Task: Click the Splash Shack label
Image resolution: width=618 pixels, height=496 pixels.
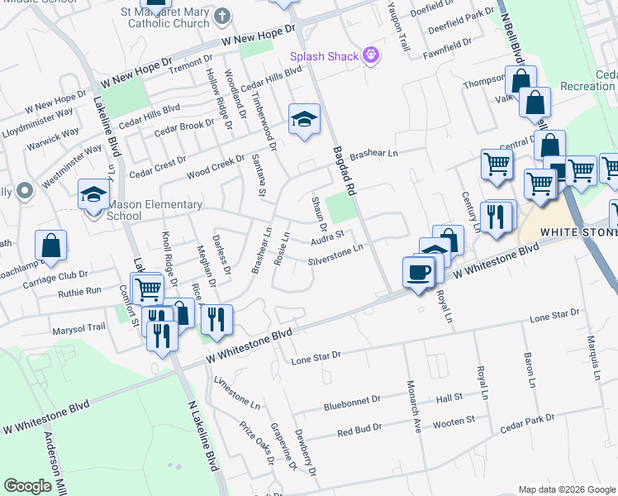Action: pyautogui.click(x=324, y=56)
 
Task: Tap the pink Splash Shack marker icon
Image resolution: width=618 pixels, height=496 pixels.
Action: pyautogui.click(x=371, y=55)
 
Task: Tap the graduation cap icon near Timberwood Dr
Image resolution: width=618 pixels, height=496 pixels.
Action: pyautogui.click(x=304, y=120)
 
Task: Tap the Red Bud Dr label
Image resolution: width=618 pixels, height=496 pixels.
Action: pyautogui.click(x=359, y=429)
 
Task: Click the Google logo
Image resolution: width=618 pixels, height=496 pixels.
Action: pyautogui.click(x=28, y=486)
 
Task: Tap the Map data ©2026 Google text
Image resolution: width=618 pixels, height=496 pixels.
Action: pyautogui.click(x=567, y=489)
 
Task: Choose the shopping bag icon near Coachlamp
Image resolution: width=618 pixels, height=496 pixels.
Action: pyautogui.click(x=50, y=245)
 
